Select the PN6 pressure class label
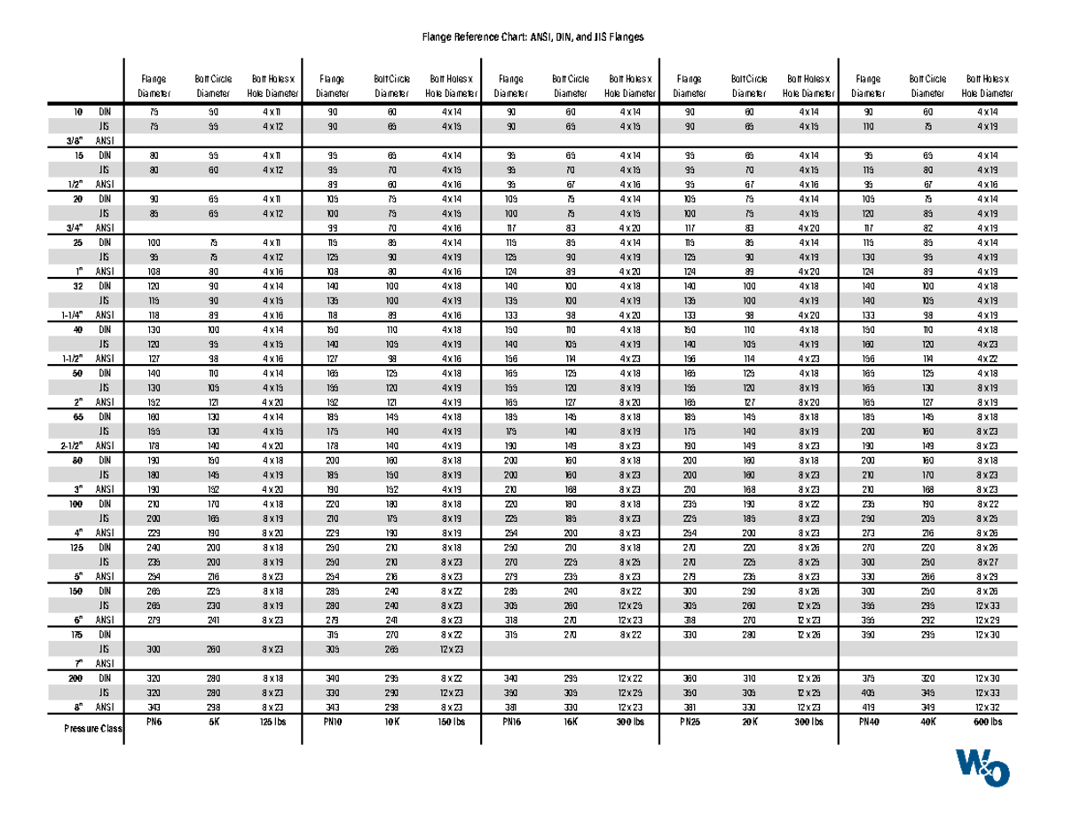point(155,722)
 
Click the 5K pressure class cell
point(212,722)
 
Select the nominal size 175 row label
point(77,635)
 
